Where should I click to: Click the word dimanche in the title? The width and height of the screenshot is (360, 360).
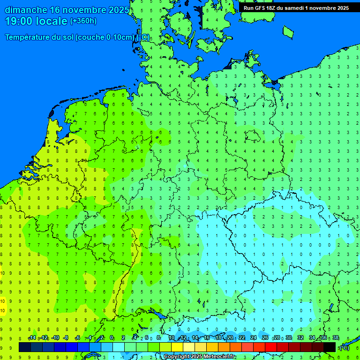(x=25, y=10)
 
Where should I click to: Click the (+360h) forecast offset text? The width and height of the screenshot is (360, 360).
(x=83, y=21)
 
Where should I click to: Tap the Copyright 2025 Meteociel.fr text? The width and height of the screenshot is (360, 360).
(x=199, y=357)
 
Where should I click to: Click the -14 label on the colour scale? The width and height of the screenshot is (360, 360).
(x=32, y=338)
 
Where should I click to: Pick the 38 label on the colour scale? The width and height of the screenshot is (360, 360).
(x=335, y=338)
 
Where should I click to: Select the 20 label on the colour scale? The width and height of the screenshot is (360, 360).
(x=230, y=338)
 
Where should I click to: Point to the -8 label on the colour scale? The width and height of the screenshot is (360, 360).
(x=67, y=338)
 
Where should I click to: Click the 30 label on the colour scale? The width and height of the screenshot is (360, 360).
(x=288, y=338)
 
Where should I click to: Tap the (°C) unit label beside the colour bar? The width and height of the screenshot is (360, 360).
(x=344, y=348)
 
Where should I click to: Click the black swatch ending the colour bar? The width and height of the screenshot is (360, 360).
(x=330, y=347)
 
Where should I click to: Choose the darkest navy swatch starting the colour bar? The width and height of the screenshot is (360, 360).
(x=25, y=347)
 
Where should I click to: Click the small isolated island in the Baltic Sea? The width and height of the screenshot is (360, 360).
(x=288, y=32)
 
